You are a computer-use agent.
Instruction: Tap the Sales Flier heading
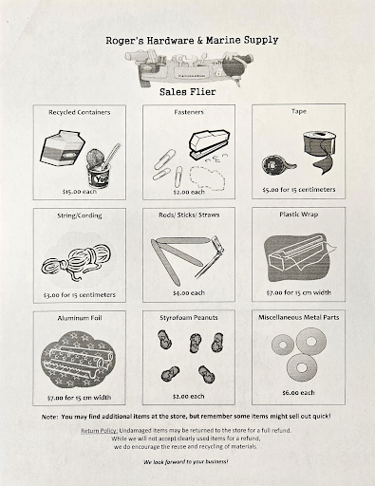tap(188, 92)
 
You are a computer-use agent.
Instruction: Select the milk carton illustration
tap(63, 148)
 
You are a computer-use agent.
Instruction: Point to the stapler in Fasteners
tap(209, 144)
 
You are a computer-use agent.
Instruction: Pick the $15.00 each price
tap(80, 192)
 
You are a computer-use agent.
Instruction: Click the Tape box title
tap(299, 111)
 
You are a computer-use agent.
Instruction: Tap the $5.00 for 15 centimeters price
tap(299, 190)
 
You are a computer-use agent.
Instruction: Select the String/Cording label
tap(80, 215)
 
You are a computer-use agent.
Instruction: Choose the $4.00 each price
tap(189, 293)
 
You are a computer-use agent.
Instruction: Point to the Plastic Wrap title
tap(299, 215)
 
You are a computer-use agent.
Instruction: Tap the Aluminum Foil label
tap(80, 318)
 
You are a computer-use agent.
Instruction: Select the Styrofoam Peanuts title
tap(189, 318)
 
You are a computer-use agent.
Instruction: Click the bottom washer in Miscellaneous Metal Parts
tap(302, 367)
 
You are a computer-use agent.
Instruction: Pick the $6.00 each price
tap(298, 393)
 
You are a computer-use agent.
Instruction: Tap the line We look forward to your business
tap(186, 462)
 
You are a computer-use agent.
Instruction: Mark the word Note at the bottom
tap(49, 417)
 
